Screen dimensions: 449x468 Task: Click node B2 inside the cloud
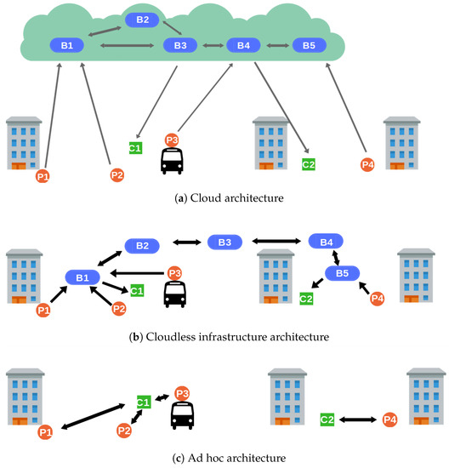(x=142, y=20)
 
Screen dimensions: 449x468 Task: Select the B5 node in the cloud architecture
(x=309, y=45)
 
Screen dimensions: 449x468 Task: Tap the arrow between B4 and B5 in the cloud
(x=278, y=45)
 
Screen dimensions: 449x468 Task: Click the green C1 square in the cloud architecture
(x=135, y=148)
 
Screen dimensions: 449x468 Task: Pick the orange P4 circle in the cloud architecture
(x=367, y=165)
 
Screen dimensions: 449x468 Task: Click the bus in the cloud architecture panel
(x=172, y=161)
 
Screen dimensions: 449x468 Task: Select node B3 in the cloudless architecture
(x=224, y=242)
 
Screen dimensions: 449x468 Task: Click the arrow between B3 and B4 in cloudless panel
(x=276, y=241)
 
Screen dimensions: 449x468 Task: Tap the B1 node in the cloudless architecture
(x=82, y=277)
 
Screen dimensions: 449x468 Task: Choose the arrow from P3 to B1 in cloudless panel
(x=137, y=273)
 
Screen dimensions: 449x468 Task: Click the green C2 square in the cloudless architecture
(x=306, y=299)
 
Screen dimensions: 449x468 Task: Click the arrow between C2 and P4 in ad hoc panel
(x=358, y=419)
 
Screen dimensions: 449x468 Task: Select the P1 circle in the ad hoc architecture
(x=45, y=432)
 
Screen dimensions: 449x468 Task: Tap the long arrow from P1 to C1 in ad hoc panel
(x=93, y=417)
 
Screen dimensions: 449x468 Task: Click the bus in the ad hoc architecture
(x=182, y=415)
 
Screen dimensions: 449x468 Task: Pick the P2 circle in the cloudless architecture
(x=119, y=309)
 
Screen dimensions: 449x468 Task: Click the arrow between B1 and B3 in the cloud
(x=127, y=45)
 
